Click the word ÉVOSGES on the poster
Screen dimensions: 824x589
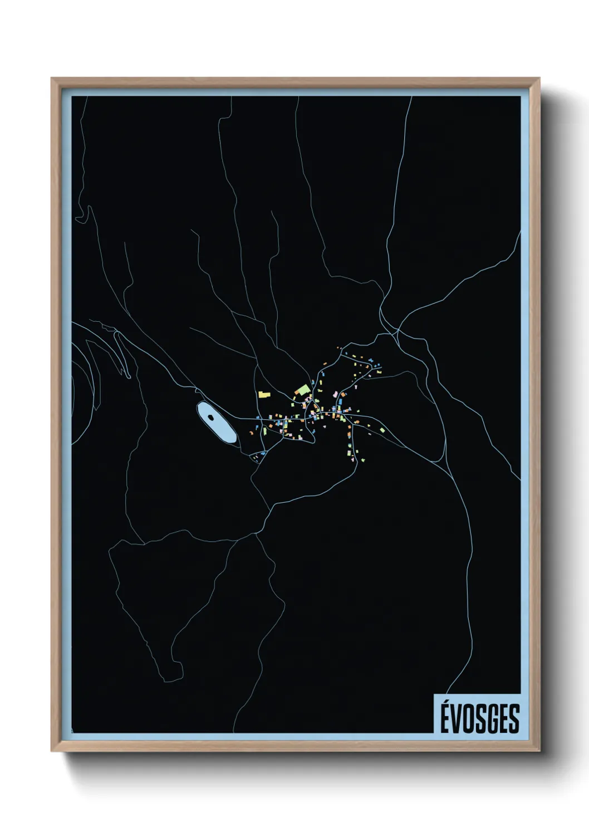point(480,718)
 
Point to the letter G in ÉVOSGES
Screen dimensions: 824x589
point(492,719)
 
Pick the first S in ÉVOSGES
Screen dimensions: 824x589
point(480,719)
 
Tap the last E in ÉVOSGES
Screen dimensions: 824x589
point(503,719)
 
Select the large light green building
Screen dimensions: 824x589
point(303,389)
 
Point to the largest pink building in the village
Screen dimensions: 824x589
point(335,394)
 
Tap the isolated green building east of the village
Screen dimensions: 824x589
point(382,430)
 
